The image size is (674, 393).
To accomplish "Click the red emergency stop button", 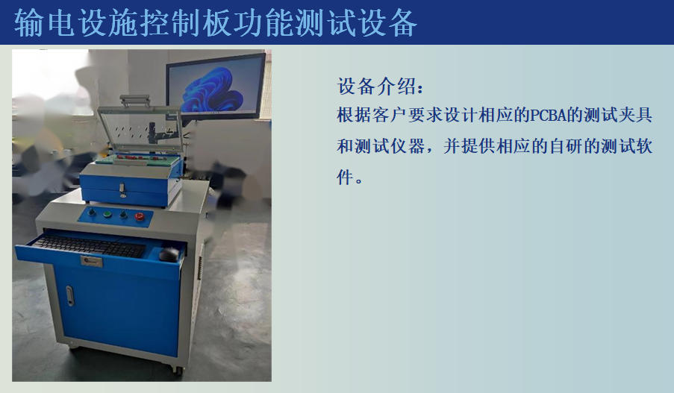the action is [x=140, y=216].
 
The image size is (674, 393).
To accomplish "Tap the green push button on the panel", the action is [x=107, y=213].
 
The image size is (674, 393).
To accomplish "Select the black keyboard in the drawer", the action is [x=90, y=246].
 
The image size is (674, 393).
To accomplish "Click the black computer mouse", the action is [x=169, y=255].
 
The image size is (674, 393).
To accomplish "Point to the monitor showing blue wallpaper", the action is [x=216, y=87].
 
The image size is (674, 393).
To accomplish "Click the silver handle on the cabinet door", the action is [x=69, y=296].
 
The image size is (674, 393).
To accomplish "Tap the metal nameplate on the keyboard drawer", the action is [x=92, y=261].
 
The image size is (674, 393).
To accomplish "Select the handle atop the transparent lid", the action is [x=135, y=100].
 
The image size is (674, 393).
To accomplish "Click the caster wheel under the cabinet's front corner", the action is [x=177, y=369].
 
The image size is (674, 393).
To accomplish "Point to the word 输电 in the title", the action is [x=44, y=23].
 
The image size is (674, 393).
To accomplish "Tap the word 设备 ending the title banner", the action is [x=387, y=23].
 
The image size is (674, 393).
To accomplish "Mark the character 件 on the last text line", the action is [x=345, y=177].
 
